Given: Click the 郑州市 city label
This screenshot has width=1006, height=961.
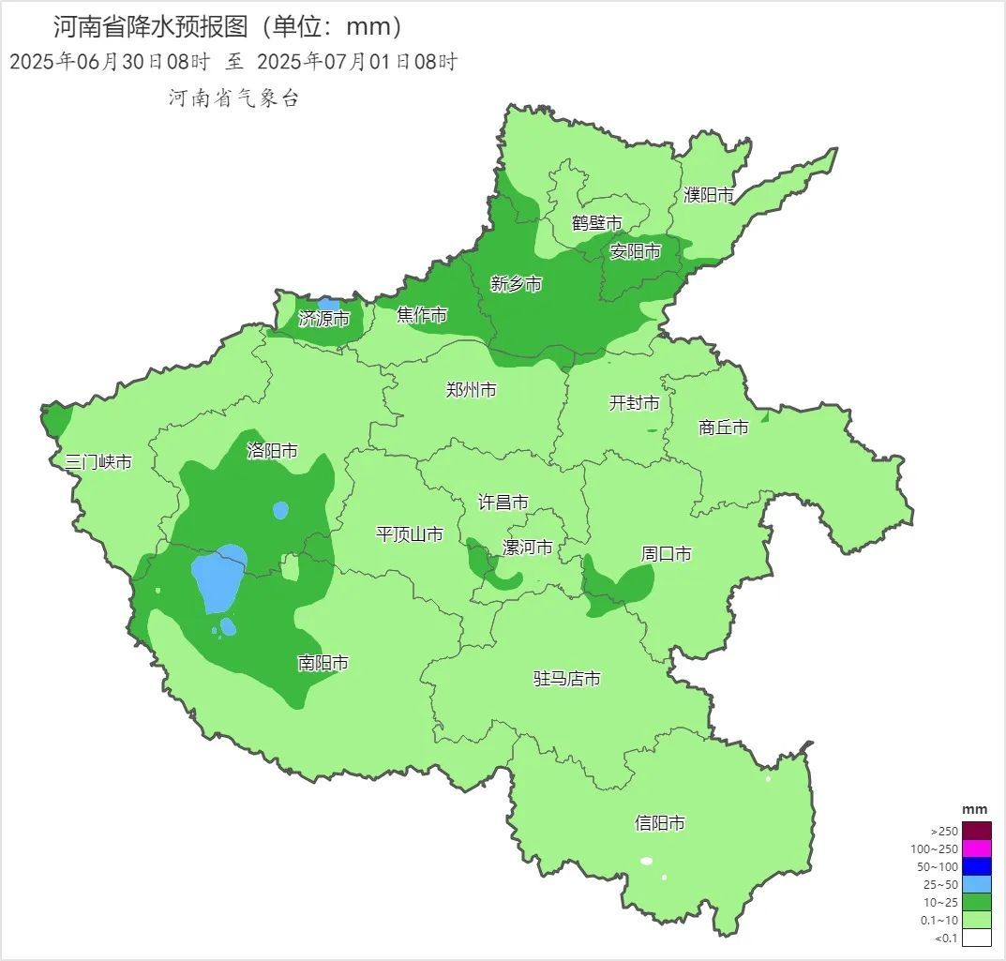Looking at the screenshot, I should pos(471,390).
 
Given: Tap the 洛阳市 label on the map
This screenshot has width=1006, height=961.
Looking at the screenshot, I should pos(272,451).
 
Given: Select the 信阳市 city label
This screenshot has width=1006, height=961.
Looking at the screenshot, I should pos(659,823).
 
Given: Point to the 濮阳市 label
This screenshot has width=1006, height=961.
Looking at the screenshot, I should pos(708,195).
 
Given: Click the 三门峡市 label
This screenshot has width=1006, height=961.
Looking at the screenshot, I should pos(98,462).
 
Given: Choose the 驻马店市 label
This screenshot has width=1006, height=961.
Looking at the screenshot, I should pos(566,679).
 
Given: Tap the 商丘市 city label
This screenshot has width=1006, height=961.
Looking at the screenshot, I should pos(724,428).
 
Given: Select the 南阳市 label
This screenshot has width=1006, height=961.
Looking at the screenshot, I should pos(323,664).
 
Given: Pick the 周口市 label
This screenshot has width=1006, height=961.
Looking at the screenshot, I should pos(666,555).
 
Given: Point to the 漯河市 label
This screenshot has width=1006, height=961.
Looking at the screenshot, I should pos(527,548).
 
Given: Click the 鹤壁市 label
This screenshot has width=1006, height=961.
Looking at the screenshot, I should pos(597,223).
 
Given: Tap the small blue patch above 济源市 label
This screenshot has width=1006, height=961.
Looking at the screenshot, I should pos(328,304).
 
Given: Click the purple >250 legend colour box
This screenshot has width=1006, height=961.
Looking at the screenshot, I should pos(976,831).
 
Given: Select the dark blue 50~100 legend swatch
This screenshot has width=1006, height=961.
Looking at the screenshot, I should pos(976,866).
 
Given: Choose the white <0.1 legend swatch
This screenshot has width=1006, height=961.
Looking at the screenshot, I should pos(976,937).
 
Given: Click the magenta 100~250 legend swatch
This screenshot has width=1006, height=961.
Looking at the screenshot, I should pos(976,848).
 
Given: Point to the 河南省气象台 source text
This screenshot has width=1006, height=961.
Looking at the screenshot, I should pos(233,98).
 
